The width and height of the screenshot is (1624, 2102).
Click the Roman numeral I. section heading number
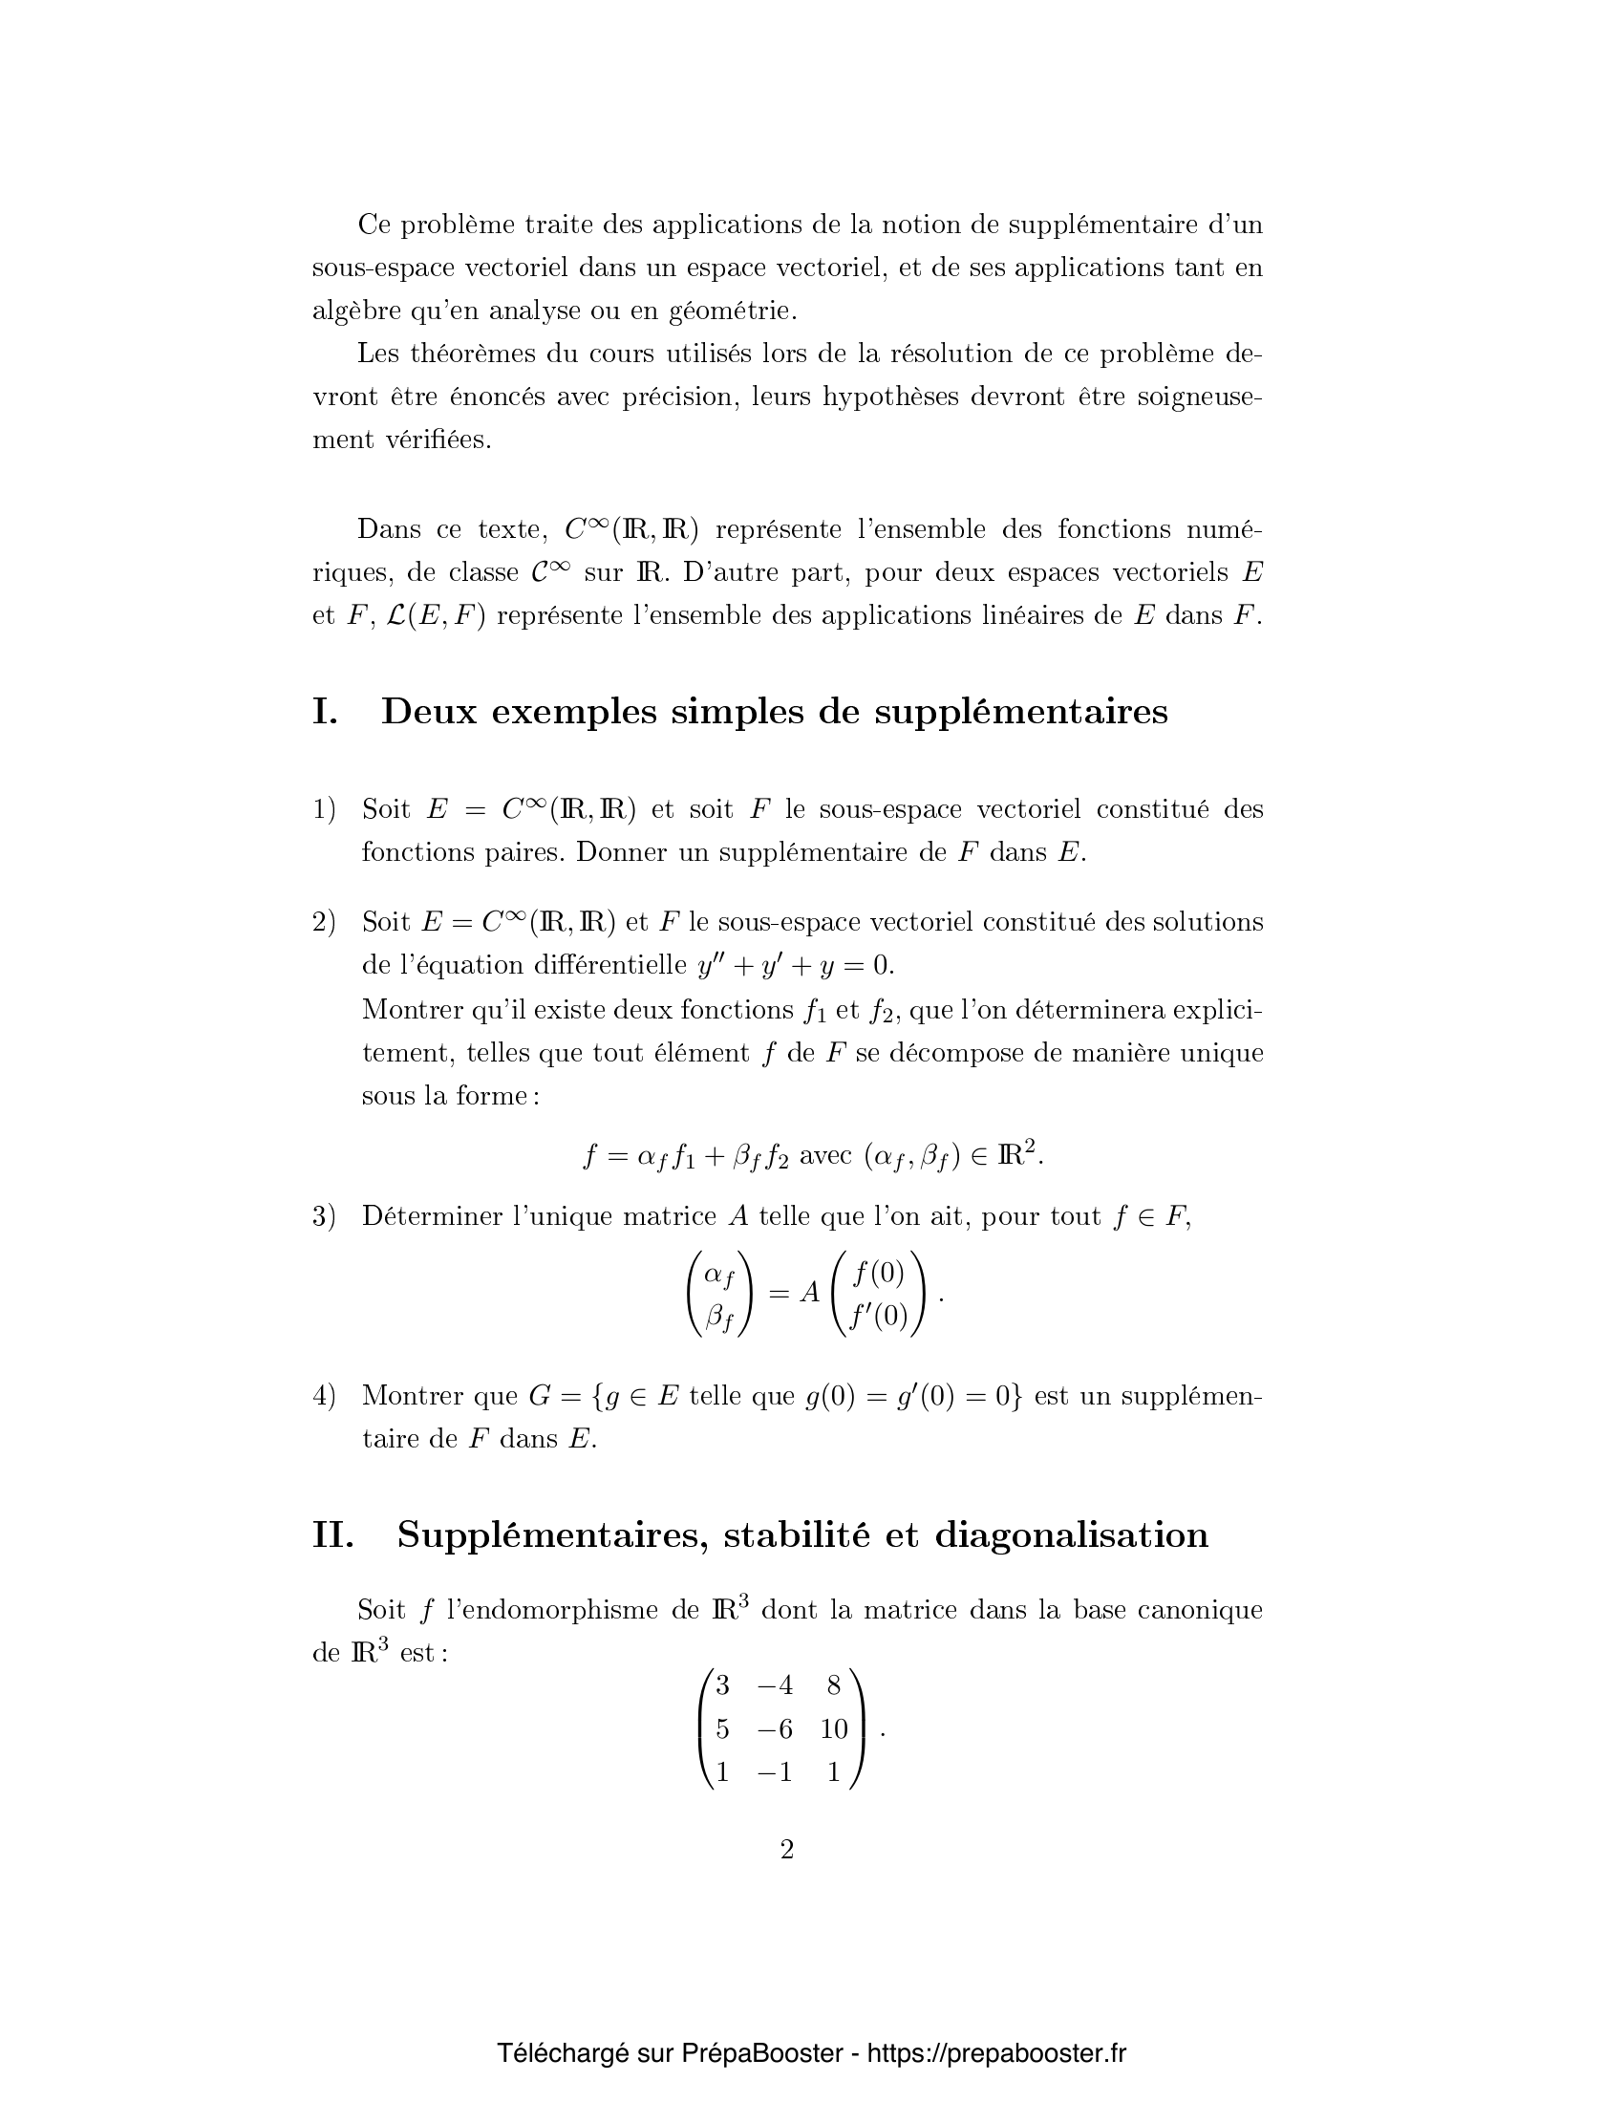(x=325, y=712)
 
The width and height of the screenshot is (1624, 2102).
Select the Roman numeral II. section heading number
(x=332, y=1534)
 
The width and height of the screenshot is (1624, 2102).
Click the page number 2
(x=787, y=1850)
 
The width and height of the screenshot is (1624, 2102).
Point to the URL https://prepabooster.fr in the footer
(x=996, y=2053)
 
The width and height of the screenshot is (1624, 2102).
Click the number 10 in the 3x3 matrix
(x=833, y=1729)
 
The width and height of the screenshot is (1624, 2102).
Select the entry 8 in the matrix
(x=833, y=1685)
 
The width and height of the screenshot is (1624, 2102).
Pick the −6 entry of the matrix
(x=775, y=1729)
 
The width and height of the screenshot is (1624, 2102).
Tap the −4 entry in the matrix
(x=775, y=1685)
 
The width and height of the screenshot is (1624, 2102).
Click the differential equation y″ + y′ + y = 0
(x=789, y=965)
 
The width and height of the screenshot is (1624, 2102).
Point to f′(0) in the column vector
(x=879, y=1316)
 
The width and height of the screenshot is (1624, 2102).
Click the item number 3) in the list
(x=325, y=1216)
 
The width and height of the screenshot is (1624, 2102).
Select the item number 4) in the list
(x=325, y=1396)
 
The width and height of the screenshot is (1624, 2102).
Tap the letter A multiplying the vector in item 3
(x=809, y=1294)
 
